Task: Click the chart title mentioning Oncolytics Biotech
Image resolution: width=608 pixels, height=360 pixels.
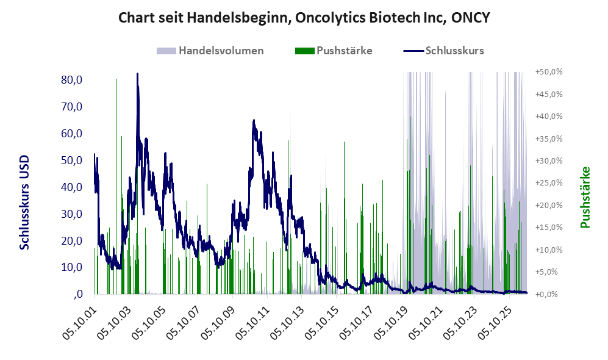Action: tap(304, 18)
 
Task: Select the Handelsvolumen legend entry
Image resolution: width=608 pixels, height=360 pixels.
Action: tap(210, 51)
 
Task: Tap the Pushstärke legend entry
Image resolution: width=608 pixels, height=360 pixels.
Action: tap(334, 51)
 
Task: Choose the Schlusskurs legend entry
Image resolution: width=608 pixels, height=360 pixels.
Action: tap(443, 51)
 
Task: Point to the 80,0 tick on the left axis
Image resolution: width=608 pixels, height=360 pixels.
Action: tap(72, 80)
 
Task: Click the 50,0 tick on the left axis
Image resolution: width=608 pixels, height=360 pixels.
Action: tap(72, 160)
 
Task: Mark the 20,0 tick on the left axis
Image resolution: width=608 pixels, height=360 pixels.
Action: tap(72, 240)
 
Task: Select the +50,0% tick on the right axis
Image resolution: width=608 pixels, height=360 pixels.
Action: tap(549, 72)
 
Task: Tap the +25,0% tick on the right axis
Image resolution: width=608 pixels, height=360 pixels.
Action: tap(549, 182)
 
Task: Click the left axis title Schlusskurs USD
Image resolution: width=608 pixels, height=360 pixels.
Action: tap(24, 203)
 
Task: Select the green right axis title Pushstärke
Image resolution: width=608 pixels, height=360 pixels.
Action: tap(585, 197)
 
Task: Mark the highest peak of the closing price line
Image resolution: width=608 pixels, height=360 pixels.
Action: tap(137, 74)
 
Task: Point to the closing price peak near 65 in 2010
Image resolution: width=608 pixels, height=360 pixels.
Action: tap(254, 120)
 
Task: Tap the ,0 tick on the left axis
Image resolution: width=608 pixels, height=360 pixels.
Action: tap(78, 294)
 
